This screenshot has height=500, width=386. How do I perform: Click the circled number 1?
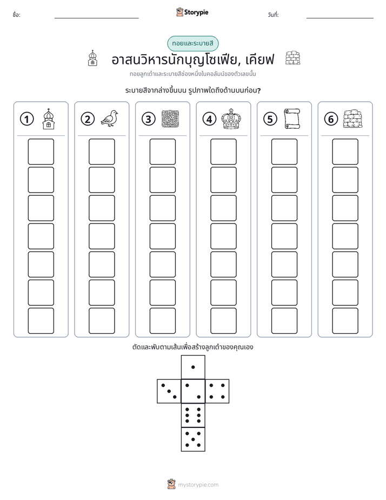tap(26, 119)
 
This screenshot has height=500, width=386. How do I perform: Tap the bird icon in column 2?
tap(109, 119)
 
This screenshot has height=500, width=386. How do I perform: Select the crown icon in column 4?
tap(231, 119)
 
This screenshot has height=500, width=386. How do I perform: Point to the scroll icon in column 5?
tap(292, 119)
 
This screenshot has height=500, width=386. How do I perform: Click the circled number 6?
tap(331, 119)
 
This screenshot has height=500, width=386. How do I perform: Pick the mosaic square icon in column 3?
tap(170, 119)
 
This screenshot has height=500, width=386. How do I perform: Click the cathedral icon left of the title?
tap(92, 58)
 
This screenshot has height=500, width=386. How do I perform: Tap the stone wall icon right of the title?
tap(292, 58)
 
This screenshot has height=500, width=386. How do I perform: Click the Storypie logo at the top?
tap(192, 12)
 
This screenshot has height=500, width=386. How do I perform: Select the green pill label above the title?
tap(192, 43)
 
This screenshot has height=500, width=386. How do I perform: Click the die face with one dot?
tap(193, 367)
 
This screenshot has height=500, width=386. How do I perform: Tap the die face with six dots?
tap(193, 415)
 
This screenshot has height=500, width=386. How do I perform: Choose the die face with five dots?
tap(193, 439)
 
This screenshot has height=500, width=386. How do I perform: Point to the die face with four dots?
tap(217, 391)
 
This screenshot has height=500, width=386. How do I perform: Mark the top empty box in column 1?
tap(41, 152)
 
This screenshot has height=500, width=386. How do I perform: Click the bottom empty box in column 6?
tap(345, 321)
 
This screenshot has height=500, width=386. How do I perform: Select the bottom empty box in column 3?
tap(162, 321)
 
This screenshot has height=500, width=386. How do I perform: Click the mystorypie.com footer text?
tap(198, 485)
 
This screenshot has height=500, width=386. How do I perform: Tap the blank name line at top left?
tap(96, 18)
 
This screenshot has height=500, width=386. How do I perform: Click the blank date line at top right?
tap(340, 18)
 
